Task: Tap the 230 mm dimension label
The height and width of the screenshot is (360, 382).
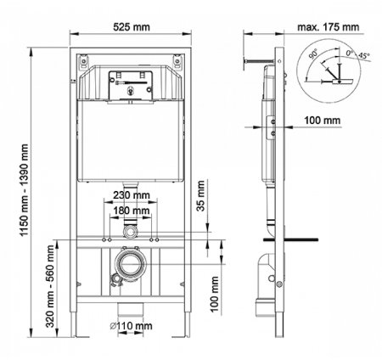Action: click(x=131, y=194)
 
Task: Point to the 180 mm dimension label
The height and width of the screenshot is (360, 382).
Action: click(x=131, y=209)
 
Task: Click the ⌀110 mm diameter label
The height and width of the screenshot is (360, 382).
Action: click(x=132, y=349)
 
